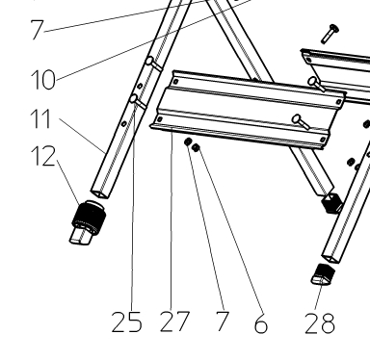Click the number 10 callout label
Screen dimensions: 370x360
point(43,80)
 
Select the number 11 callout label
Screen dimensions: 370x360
point(40,119)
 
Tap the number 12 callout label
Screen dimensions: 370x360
point(43,156)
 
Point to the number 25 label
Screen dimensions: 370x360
point(126,321)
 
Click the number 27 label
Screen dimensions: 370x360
point(174,321)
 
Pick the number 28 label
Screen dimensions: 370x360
point(320,323)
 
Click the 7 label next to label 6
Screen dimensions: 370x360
point(222,321)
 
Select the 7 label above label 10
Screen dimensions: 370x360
point(37,30)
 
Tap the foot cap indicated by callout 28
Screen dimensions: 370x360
point(324,274)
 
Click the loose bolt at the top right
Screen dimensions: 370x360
point(330,34)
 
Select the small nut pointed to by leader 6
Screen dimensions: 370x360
point(196,147)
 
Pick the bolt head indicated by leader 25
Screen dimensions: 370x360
point(134,98)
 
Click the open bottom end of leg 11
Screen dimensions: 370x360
point(100,193)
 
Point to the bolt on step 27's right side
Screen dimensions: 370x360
point(301,122)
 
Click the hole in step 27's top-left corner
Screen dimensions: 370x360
point(175,82)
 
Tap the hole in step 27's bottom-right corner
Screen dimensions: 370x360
point(323,140)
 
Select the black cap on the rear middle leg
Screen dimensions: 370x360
point(331,203)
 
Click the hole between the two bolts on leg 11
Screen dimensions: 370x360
point(140,86)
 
